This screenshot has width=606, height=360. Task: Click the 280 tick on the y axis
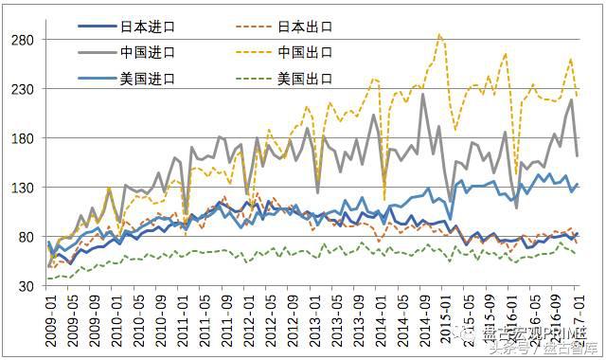click(23, 40)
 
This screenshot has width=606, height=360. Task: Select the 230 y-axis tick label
click(23, 89)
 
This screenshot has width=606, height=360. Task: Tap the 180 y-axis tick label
click(23, 138)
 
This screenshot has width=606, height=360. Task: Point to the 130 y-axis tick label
click(23, 188)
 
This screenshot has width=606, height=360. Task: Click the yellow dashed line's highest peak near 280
click(439, 34)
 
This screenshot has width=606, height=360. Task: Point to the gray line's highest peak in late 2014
click(422, 94)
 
